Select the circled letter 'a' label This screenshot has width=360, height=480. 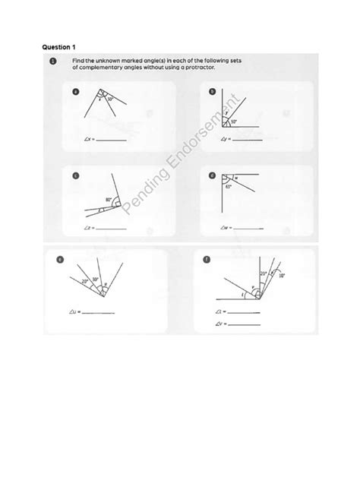tap(75, 91)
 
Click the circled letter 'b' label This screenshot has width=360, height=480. tap(212, 92)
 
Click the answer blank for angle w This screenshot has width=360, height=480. tap(247, 227)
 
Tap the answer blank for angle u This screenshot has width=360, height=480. tap(97, 312)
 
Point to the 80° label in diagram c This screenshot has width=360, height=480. tap(109, 201)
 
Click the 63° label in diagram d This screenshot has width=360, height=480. tap(228, 186)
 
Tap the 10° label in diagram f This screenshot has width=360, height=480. tap(282, 277)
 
